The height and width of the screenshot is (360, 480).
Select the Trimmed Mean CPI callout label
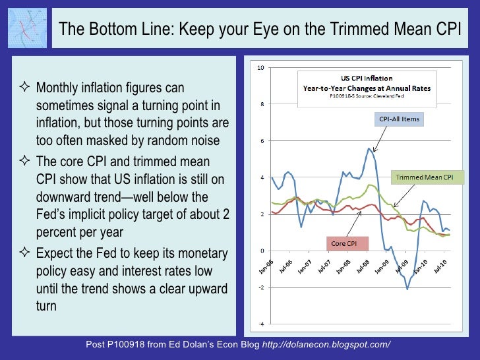pyautogui.click(x=424, y=177)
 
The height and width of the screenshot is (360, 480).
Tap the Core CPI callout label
pyautogui.click(x=345, y=243)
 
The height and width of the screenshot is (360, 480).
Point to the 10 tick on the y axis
pyautogui.click(x=261, y=68)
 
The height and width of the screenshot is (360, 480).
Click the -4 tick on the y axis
pyautogui.click(x=261, y=324)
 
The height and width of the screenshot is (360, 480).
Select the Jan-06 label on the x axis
pyautogui.click(x=264, y=268)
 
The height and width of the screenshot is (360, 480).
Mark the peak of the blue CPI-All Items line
pyautogui.click(x=369, y=148)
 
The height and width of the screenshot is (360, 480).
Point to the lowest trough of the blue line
pyautogui.click(x=407, y=289)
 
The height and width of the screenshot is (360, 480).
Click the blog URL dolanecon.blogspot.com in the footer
pyautogui.click(x=326, y=345)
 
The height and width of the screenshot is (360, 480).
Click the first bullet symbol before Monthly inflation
pyautogui.click(x=26, y=88)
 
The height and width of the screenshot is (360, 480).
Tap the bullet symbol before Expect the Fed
pyautogui.click(x=26, y=254)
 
